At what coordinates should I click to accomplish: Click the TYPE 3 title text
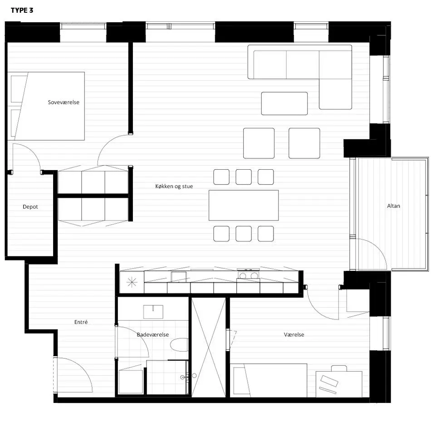click(22, 10)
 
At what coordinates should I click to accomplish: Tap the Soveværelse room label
click(64, 102)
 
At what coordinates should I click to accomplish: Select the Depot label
click(30, 207)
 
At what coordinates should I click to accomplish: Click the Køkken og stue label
click(174, 186)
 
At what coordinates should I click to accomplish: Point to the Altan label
click(393, 206)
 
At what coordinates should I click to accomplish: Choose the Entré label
click(81, 322)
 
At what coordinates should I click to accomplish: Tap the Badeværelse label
click(152, 334)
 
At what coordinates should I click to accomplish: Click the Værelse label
click(294, 334)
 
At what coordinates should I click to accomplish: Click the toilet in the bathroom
click(179, 345)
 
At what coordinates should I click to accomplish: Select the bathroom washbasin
click(153, 312)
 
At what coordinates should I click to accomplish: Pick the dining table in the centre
click(244, 206)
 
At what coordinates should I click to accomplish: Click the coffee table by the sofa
click(284, 103)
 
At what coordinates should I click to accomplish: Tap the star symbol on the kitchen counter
click(132, 282)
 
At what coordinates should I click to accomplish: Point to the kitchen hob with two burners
click(249, 275)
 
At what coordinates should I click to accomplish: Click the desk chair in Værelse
click(339, 368)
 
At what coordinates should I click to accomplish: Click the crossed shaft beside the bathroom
click(209, 348)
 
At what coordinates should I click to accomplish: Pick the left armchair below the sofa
click(259, 143)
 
